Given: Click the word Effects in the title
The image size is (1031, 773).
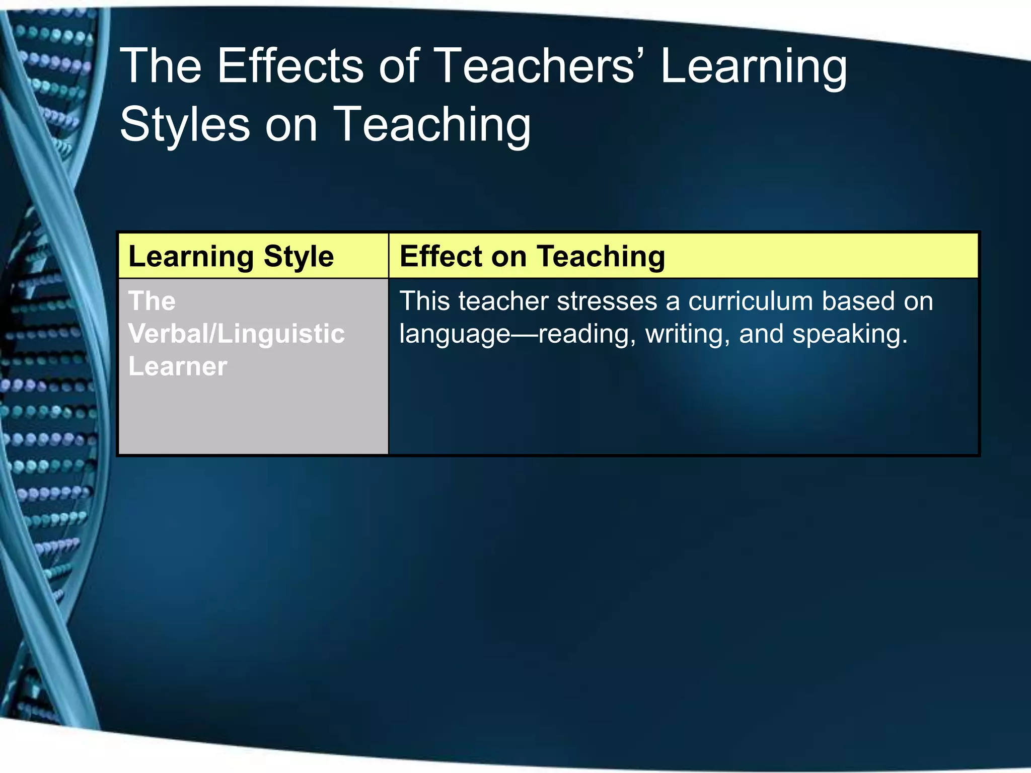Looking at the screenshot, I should click(290, 66).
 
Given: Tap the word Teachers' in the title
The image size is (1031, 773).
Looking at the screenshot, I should click(538, 66).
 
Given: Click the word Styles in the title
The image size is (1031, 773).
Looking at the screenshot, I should click(185, 125).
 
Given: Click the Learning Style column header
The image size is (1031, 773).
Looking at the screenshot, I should click(231, 257).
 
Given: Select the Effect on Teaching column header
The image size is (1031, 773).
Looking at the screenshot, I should click(532, 257).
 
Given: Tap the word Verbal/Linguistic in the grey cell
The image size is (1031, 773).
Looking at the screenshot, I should click(237, 334).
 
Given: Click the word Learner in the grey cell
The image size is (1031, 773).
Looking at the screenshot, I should click(178, 366).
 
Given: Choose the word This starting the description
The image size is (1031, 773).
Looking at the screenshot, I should click(424, 301).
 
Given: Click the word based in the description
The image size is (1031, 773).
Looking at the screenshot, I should click(857, 301).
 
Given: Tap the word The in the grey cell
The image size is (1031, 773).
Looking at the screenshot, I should click(152, 301).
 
